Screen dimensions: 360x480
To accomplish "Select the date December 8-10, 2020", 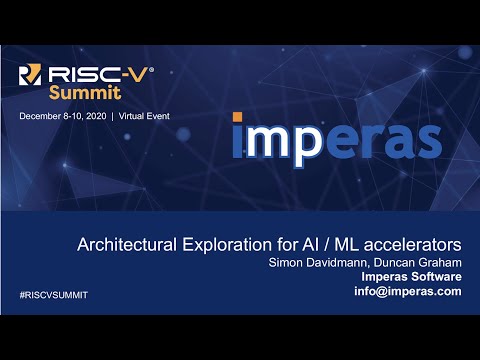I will [62, 116].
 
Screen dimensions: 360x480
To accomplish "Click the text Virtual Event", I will [144, 116].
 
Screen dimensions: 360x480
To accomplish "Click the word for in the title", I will [277, 244].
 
